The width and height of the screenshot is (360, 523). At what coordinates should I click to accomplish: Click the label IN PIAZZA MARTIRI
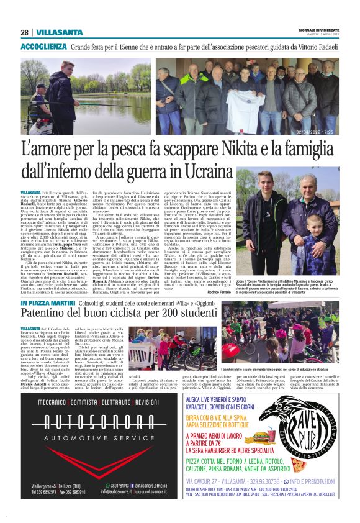[x=47, y=302]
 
